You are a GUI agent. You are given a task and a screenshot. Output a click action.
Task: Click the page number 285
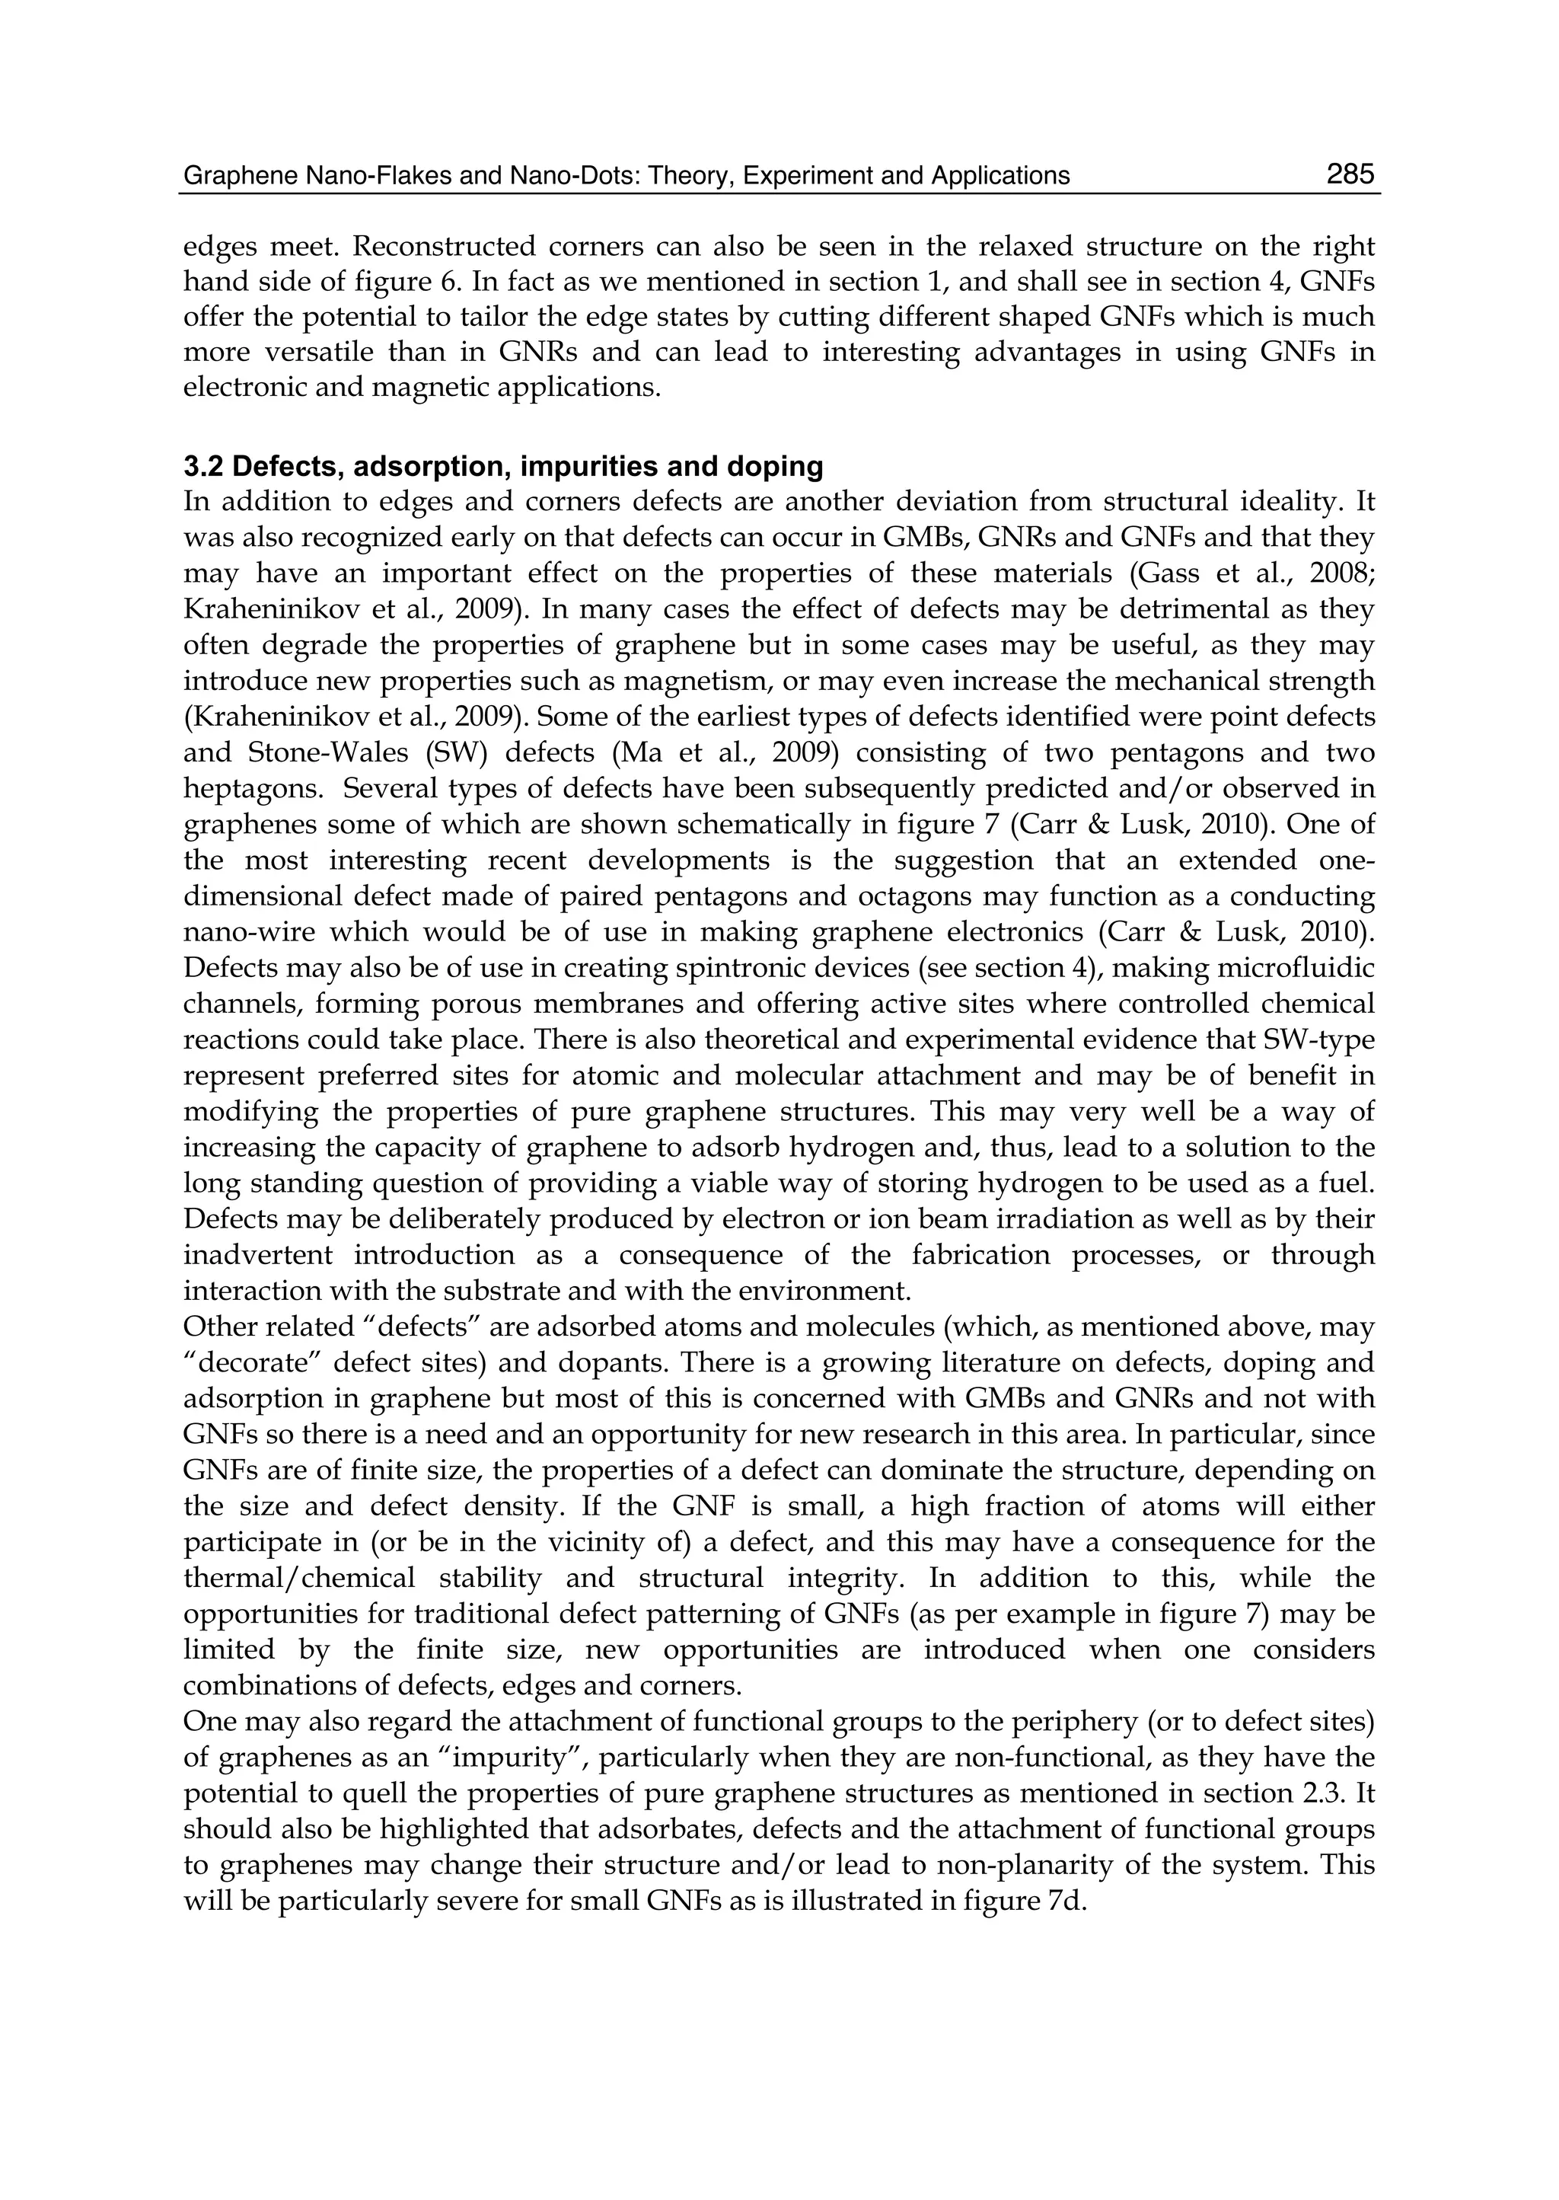click(1350, 174)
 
